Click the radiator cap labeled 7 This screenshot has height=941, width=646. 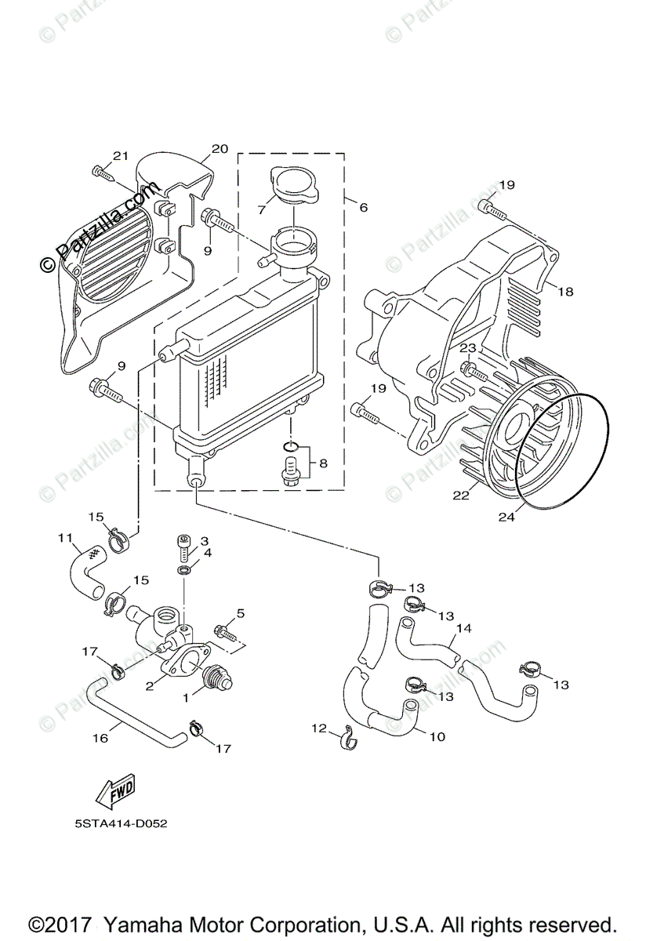pos(294,185)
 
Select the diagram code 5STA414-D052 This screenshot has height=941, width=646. pos(121,824)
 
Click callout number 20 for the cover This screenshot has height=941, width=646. pos(220,149)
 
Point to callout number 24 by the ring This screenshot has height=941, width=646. pos(506,517)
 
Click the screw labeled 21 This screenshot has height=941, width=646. pos(103,174)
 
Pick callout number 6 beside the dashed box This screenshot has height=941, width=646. pos(364,207)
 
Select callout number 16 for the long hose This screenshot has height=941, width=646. pos(100,738)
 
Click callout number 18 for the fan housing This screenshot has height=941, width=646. pos(566,292)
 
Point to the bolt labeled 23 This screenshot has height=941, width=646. pos(474,369)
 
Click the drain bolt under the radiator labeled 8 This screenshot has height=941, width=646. pos(289,471)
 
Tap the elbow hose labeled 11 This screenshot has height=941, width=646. pos(86,572)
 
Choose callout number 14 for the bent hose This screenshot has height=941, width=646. pos(463,628)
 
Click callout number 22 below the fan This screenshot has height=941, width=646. pos(461,496)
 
